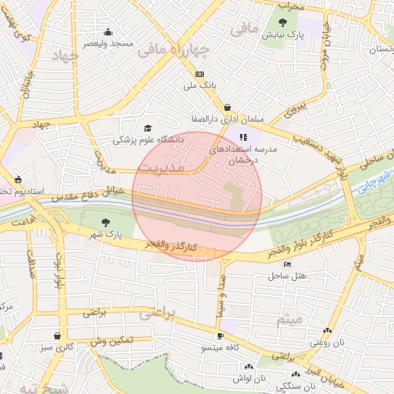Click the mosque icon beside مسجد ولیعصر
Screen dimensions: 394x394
108,32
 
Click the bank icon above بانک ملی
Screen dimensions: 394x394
199,74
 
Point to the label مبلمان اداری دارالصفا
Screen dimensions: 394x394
227,120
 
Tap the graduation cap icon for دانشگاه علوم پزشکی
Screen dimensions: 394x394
148,129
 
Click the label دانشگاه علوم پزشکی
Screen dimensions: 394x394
148,140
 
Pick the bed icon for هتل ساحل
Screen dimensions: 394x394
288,264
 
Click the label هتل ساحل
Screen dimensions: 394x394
289,275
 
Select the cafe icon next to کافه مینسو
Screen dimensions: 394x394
220,336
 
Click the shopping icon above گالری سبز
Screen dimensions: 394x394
58,336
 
